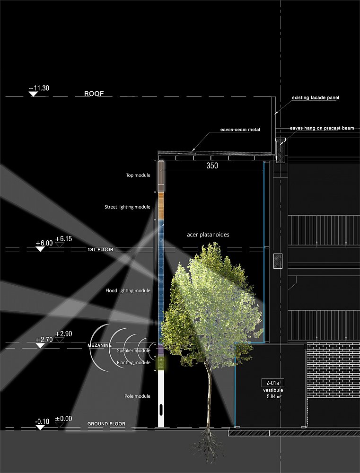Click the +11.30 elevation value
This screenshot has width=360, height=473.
(39, 88)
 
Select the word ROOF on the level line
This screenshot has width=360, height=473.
(94, 94)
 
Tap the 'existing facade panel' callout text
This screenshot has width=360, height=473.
(316, 98)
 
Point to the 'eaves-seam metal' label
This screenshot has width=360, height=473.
(240, 130)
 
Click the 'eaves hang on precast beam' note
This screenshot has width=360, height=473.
(322, 128)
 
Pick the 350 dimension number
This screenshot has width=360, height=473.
(212, 165)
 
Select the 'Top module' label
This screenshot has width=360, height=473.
(138, 175)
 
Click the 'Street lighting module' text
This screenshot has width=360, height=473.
(127, 207)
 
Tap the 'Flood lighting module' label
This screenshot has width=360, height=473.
(128, 291)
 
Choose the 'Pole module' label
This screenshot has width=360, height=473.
(137, 396)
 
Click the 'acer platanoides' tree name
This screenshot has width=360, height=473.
(208, 235)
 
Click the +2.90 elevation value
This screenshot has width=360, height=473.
(64, 334)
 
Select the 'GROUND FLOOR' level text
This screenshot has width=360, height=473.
(106, 424)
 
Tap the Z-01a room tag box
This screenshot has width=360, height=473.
(273, 384)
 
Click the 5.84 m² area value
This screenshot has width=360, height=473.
(274, 397)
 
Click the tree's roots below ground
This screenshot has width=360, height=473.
(208, 446)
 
